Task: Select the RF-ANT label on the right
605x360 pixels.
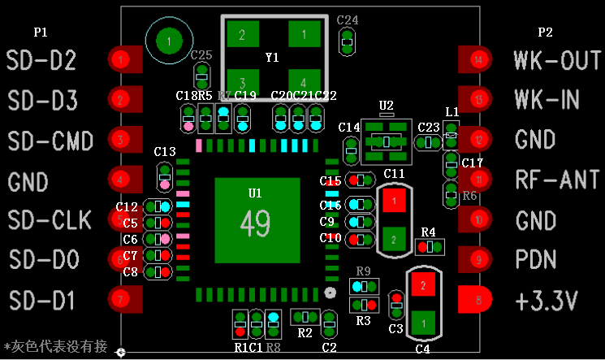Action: (557, 180)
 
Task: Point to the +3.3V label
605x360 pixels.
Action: (547, 300)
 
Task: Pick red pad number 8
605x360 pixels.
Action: (478, 300)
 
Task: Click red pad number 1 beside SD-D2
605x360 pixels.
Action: (121, 59)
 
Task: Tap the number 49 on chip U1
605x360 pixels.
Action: (255, 221)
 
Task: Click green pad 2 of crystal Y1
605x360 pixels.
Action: (241, 35)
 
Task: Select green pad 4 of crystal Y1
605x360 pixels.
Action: (304, 82)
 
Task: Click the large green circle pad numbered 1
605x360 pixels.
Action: (169, 40)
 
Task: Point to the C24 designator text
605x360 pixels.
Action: (347, 20)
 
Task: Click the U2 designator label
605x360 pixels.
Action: (386, 106)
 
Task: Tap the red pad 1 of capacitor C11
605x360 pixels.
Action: (394, 199)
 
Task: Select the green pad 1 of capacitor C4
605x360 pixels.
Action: (422, 322)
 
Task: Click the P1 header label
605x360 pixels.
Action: (41, 33)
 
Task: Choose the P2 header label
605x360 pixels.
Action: (545, 33)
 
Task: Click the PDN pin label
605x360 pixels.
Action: (536, 260)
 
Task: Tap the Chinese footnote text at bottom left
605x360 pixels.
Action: (55, 346)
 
